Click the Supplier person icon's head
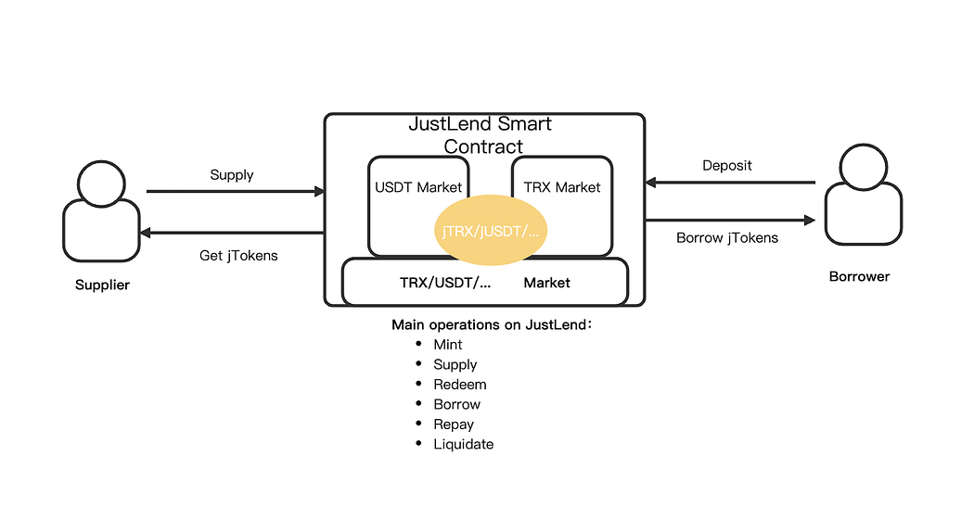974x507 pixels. (x=101, y=182)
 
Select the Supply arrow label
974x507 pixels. (x=231, y=174)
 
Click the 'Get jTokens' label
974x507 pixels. (x=238, y=256)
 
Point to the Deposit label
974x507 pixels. (x=726, y=165)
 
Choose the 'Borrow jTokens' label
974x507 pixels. (x=727, y=237)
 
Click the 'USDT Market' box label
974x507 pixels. (x=417, y=187)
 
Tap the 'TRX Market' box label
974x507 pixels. (x=562, y=187)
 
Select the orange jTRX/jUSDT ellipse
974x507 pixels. (x=491, y=228)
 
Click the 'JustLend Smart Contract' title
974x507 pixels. (x=481, y=134)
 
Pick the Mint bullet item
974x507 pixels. (x=448, y=345)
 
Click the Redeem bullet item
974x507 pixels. (x=459, y=385)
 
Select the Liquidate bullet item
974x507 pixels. (x=463, y=445)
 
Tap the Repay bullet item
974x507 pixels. (x=454, y=425)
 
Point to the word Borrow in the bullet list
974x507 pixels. (x=456, y=405)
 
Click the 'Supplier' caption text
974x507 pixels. (x=102, y=285)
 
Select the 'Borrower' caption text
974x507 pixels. (x=859, y=276)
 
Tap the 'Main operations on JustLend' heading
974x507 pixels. (x=491, y=324)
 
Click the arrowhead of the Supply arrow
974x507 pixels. (x=320, y=192)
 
